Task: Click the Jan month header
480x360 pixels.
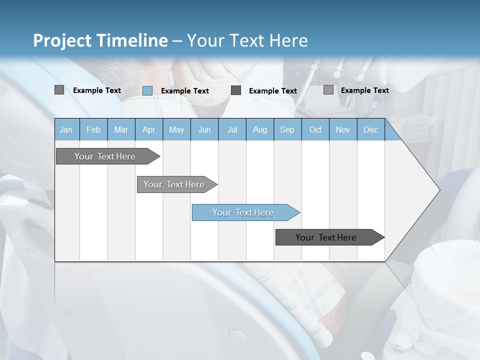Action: [x=66, y=129]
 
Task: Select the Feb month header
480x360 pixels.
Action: [x=93, y=129]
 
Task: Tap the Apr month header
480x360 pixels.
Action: [x=148, y=129]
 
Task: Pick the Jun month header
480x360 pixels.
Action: [x=204, y=129]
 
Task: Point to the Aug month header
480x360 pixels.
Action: [x=259, y=129]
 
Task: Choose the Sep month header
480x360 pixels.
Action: [x=287, y=129]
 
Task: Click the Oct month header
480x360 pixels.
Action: [x=315, y=129]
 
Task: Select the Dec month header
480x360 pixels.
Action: [x=370, y=129]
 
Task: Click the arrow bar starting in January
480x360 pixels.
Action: [x=105, y=156]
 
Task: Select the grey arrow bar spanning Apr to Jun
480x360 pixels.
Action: [x=174, y=184]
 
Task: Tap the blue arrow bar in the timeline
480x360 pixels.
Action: [x=243, y=212]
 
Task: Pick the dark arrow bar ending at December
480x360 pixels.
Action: [x=326, y=237]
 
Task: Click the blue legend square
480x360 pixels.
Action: [x=147, y=90]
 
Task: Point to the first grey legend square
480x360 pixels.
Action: [x=59, y=90]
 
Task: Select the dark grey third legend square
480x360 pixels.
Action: [x=236, y=90]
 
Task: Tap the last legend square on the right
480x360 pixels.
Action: [x=328, y=90]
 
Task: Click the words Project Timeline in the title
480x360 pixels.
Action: [x=100, y=40]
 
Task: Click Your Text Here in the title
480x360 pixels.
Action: [x=247, y=40]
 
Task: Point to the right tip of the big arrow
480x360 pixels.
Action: [x=438, y=189]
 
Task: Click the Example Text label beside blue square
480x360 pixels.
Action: [x=184, y=91]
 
